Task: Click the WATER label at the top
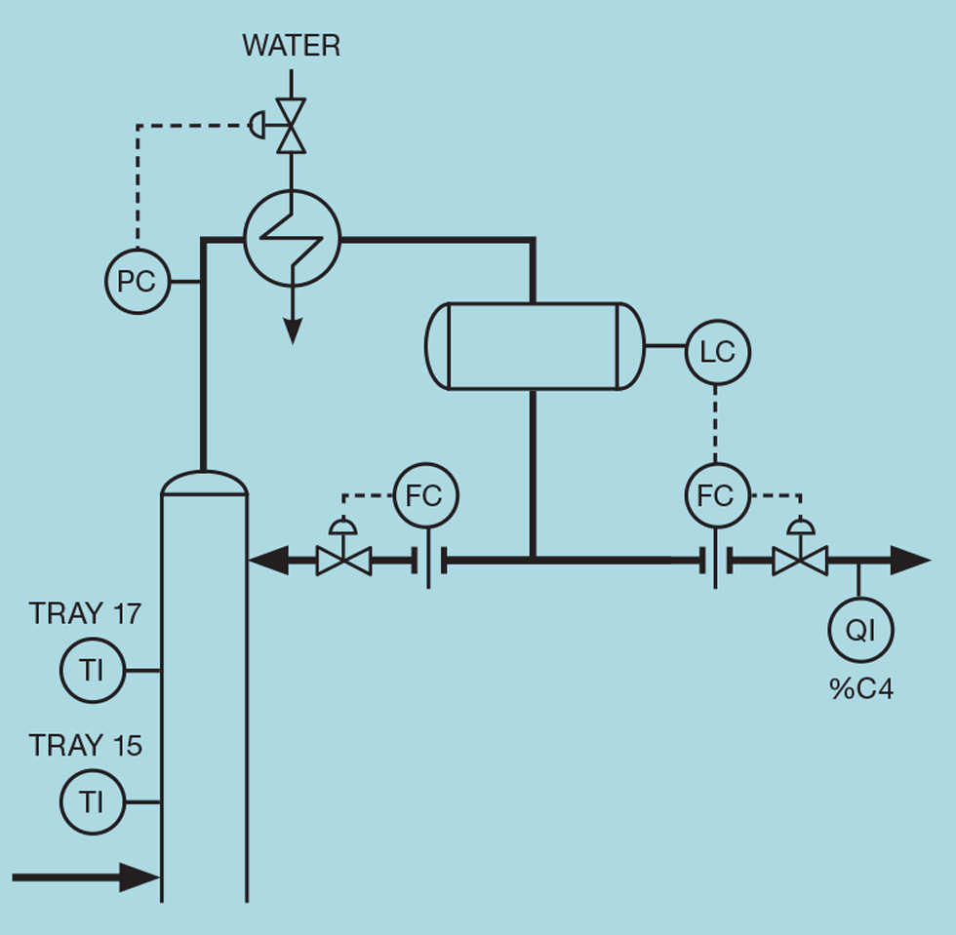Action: [291, 46]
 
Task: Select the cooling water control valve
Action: [291, 125]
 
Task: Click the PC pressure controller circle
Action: [137, 282]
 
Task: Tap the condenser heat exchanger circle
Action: [291, 239]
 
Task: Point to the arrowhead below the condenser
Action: [291, 332]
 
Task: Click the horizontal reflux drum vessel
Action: [534, 346]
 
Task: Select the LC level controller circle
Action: [717, 352]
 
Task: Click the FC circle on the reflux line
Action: [424, 495]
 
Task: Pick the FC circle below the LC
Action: [716, 495]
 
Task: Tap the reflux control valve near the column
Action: [343, 560]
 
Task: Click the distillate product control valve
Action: [800, 560]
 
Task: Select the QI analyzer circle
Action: [859, 630]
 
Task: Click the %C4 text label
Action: [860, 689]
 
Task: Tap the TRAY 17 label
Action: [85, 613]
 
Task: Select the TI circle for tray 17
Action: [92, 671]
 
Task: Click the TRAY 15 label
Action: [85, 746]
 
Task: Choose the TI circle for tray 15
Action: [92, 802]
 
